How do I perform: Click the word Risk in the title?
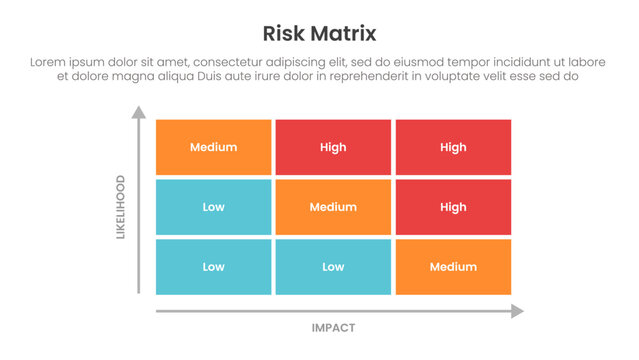pos(282,34)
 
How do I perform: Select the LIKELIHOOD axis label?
pos(121,207)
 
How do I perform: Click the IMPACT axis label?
pos(333,327)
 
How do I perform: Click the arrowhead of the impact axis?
pos(516,311)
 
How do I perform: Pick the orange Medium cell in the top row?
pos(213,147)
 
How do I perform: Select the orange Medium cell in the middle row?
pos(333,207)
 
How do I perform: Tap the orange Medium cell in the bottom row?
pos(453,267)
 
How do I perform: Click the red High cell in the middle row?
pos(453,207)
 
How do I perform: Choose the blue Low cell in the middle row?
pos(213,207)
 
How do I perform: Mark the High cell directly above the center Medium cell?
pos(333,147)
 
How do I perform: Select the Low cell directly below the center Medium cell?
pos(333,267)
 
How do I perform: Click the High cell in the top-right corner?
pos(453,147)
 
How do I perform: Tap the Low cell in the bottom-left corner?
pos(213,267)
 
